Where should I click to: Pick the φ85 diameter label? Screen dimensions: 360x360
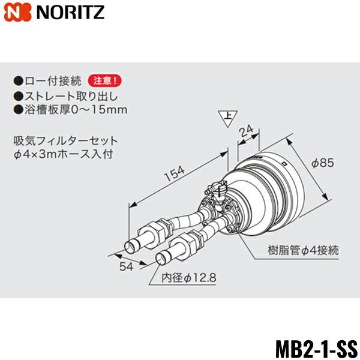(x=323, y=163)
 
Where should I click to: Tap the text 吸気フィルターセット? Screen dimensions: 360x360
(x=66, y=141)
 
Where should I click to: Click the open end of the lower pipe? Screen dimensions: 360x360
(x=161, y=258)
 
